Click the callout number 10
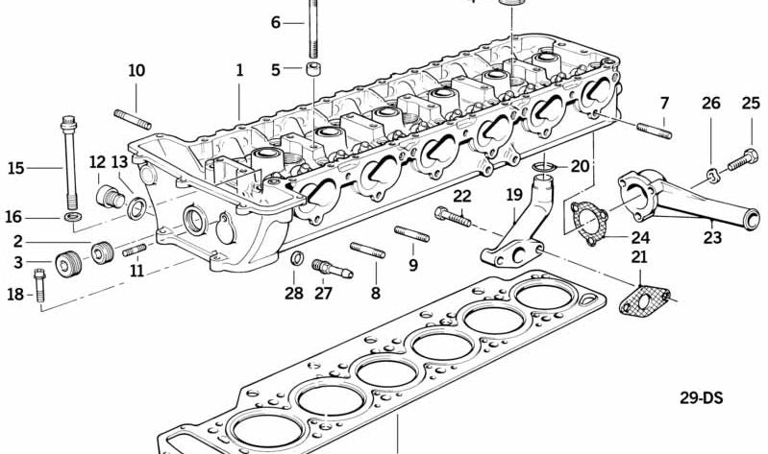pyautogui.click(x=136, y=70)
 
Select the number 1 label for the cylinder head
pyautogui.click(x=239, y=70)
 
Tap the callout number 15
pyautogui.click(x=15, y=169)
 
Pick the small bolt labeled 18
pyautogui.click(x=39, y=286)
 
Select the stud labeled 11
pyautogui.click(x=135, y=250)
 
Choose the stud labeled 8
pyautogui.click(x=368, y=251)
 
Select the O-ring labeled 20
pyautogui.click(x=543, y=170)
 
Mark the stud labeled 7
pyautogui.click(x=654, y=129)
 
